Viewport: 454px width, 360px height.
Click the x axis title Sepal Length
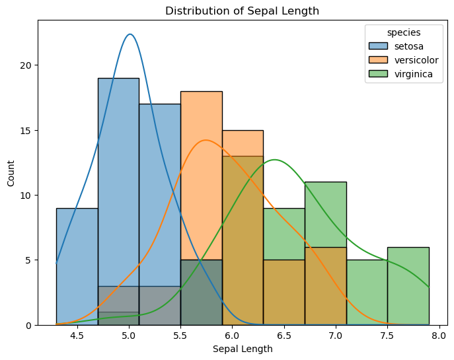[243, 349]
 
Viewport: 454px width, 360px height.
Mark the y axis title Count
[10, 172]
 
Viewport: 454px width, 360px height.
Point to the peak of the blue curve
[130, 34]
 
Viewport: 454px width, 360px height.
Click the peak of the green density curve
[275, 160]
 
